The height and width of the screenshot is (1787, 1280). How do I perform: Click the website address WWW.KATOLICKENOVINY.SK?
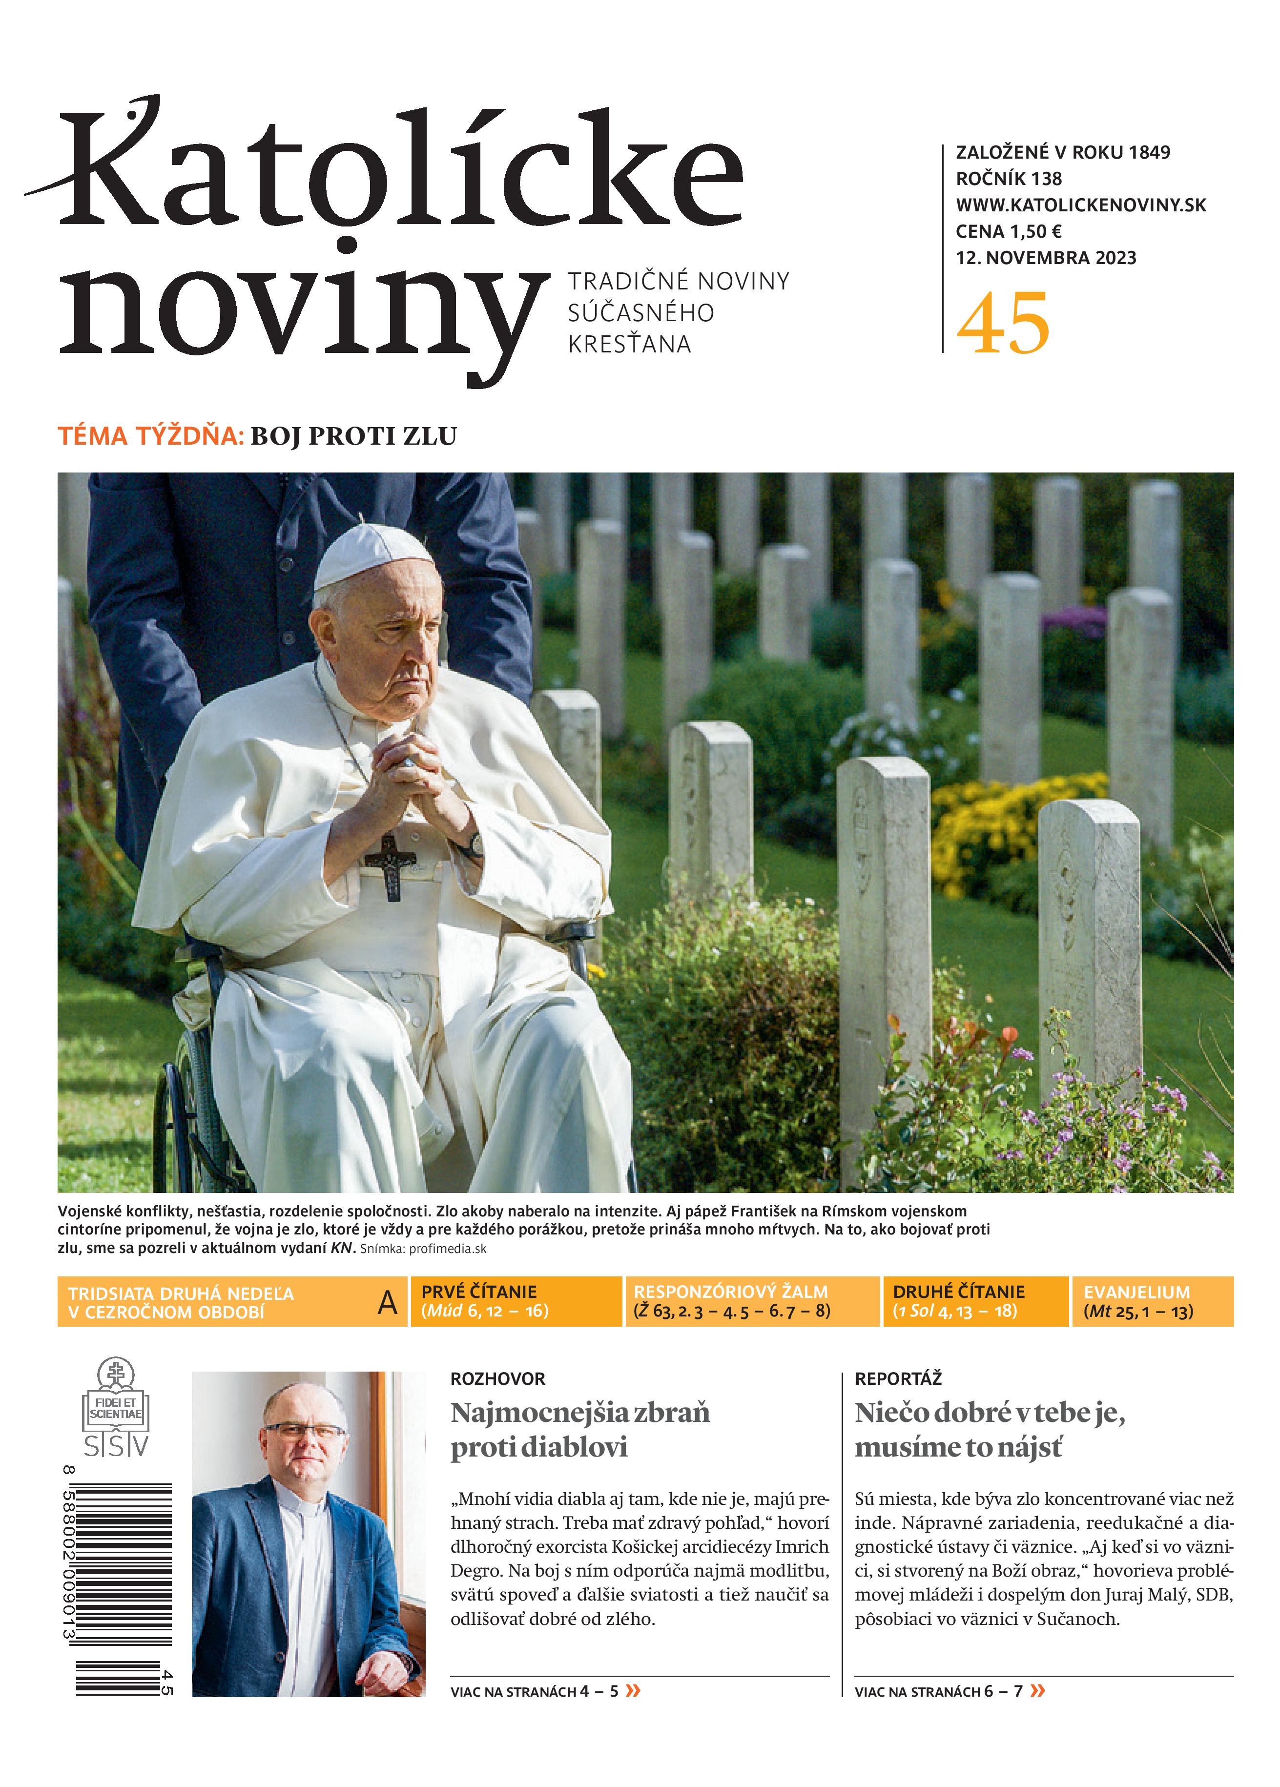coord(1081,205)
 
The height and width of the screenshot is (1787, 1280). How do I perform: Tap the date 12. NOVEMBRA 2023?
coord(1046,258)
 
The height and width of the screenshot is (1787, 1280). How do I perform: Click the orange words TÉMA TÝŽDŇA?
coord(150,436)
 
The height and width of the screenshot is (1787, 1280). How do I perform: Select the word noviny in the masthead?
coord(304,311)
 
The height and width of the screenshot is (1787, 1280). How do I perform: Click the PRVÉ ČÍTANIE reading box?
coord(516,1301)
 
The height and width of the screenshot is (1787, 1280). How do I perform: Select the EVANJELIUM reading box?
coord(1152,1301)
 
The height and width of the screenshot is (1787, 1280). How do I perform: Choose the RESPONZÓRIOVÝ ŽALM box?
coord(751,1301)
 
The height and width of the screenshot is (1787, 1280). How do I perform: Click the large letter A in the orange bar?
coord(387,1302)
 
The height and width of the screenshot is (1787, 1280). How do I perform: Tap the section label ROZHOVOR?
coord(497,1378)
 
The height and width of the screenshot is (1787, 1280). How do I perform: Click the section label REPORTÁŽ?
coord(898,1378)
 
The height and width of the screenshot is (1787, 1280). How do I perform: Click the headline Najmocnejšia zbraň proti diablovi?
coord(579,1429)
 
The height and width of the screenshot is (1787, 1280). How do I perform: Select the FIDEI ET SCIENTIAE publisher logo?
coord(116,1409)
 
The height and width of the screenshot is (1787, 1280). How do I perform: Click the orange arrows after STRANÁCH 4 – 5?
coord(632,1690)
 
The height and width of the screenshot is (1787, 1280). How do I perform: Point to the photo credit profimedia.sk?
coord(447,1249)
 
